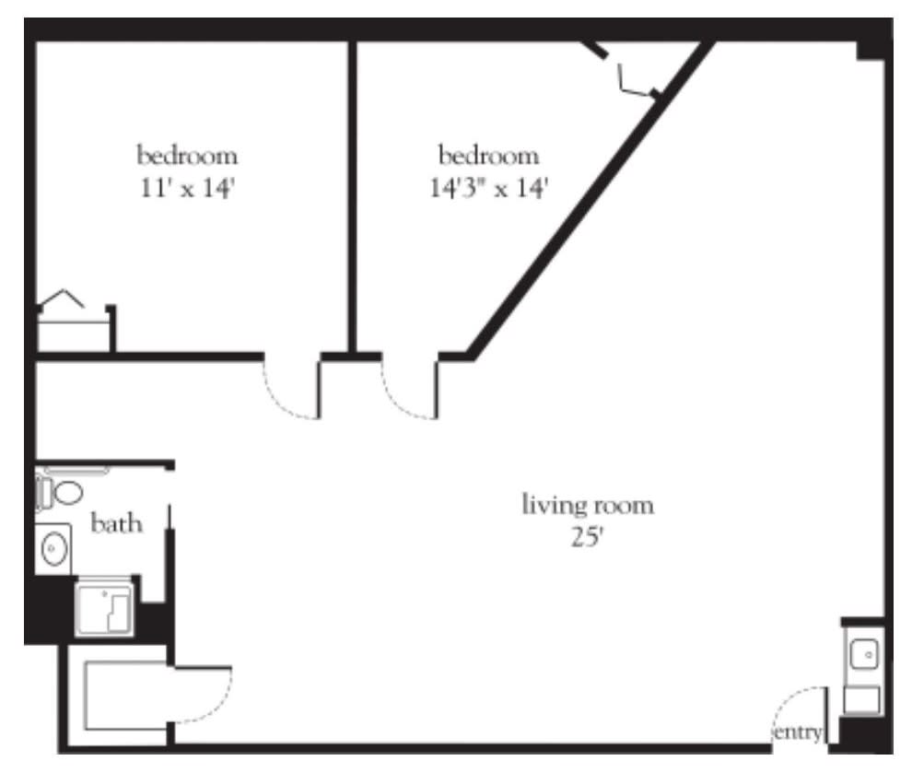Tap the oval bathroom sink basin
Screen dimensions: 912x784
tap(54, 548)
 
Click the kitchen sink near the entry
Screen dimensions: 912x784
tap(864, 654)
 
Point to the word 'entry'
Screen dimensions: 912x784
tap(798, 732)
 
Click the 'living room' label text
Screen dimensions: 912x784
tap(588, 505)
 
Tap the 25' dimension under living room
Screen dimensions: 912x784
tap(587, 537)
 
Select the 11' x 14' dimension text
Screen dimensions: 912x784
tap(187, 188)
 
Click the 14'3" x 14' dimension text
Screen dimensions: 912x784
tap(488, 188)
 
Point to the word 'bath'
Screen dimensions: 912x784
tap(116, 523)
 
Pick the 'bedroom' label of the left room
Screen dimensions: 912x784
tap(187, 156)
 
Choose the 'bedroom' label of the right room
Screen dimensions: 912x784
tap(488, 156)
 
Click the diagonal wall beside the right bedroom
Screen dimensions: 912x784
tap(590, 201)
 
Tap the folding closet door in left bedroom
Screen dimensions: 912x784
tap(61, 298)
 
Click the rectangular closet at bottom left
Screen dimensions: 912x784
tap(127, 695)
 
